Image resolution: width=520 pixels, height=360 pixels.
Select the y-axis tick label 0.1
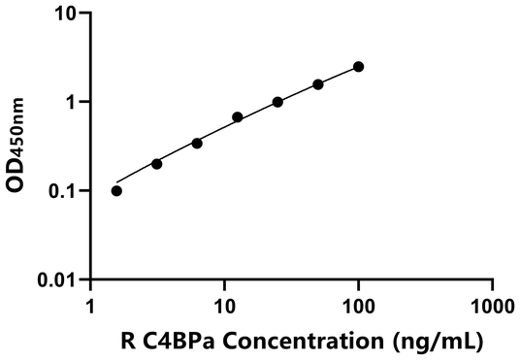point(62,191)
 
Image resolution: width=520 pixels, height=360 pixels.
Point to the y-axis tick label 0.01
point(56,280)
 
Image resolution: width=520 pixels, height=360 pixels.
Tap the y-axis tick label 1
point(72,102)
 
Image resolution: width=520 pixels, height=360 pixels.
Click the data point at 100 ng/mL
point(359,66)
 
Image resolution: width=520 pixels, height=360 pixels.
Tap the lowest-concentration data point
point(116,190)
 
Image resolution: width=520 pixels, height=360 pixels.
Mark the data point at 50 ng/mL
point(318,84)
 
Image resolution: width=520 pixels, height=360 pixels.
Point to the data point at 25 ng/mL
point(277,102)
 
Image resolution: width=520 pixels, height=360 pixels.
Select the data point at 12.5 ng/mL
point(238,117)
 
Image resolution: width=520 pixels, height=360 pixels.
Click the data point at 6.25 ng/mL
point(197,143)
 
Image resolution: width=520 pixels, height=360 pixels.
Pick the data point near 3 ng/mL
point(157,163)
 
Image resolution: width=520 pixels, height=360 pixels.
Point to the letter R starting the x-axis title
point(128,341)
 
